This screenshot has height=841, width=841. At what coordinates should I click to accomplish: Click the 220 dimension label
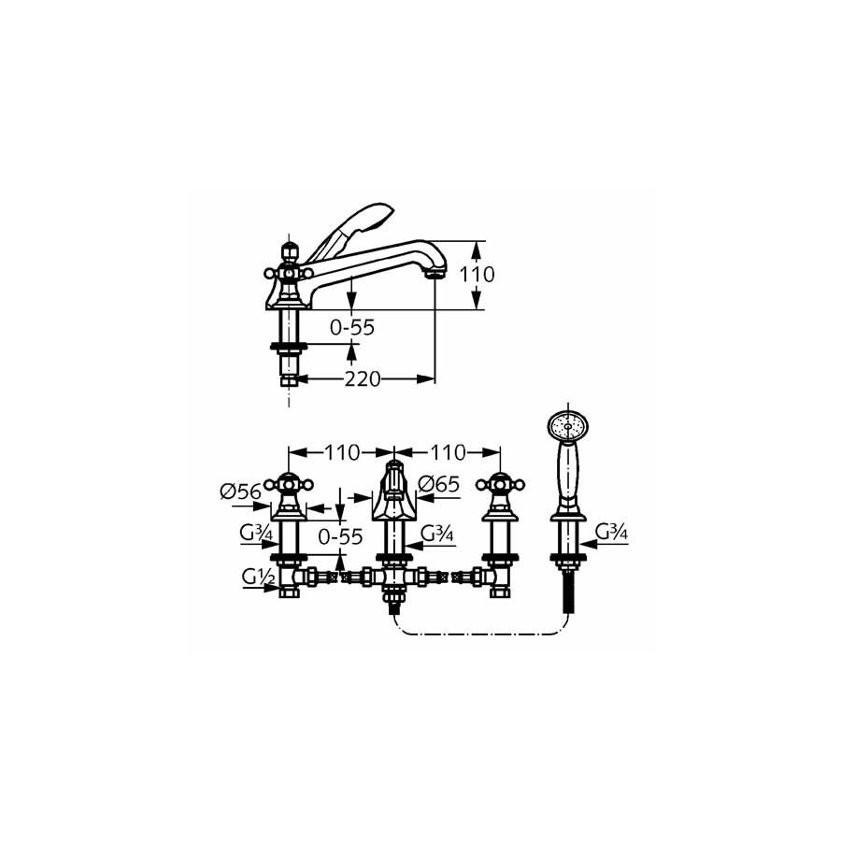tap(362, 379)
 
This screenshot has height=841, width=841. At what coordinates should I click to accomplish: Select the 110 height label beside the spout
tap(478, 275)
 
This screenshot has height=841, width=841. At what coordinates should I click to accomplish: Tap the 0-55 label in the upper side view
tap(352, 327)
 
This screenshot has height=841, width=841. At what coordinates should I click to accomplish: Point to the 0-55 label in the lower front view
tap(340, 536)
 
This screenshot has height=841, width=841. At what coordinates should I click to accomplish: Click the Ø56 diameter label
tap(241, 492)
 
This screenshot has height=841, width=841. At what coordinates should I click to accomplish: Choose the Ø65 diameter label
tap(439, 484)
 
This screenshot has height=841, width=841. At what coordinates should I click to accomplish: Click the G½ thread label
tap(258, 577)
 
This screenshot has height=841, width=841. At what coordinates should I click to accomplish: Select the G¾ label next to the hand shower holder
tap(612, 532)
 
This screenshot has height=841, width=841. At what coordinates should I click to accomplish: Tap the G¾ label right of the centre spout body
tap(437, 534)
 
